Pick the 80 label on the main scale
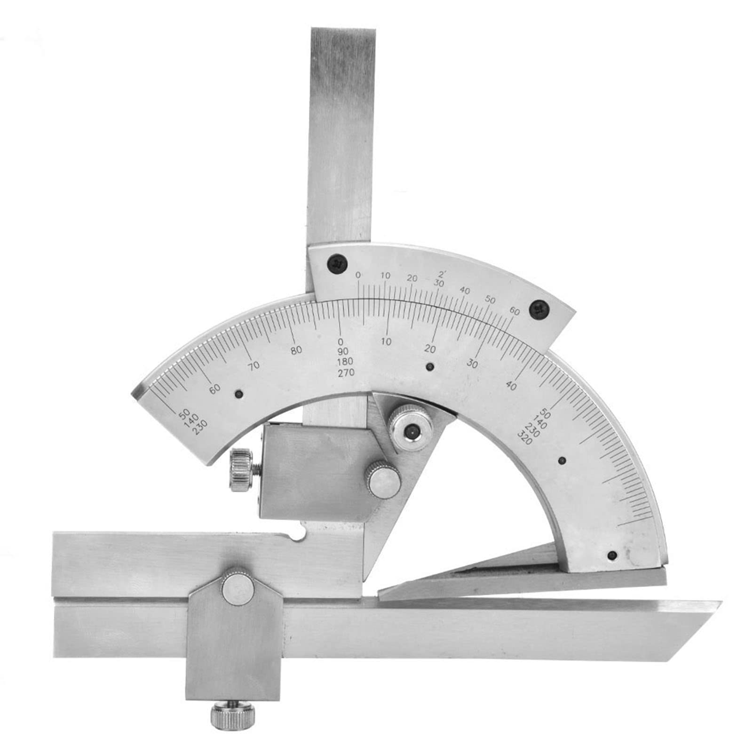click(x=296, y=350)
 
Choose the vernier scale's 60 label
click(x=514, y=311)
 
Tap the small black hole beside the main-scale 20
click(x=429, y=367)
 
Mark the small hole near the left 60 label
click(x=239, y=394)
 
